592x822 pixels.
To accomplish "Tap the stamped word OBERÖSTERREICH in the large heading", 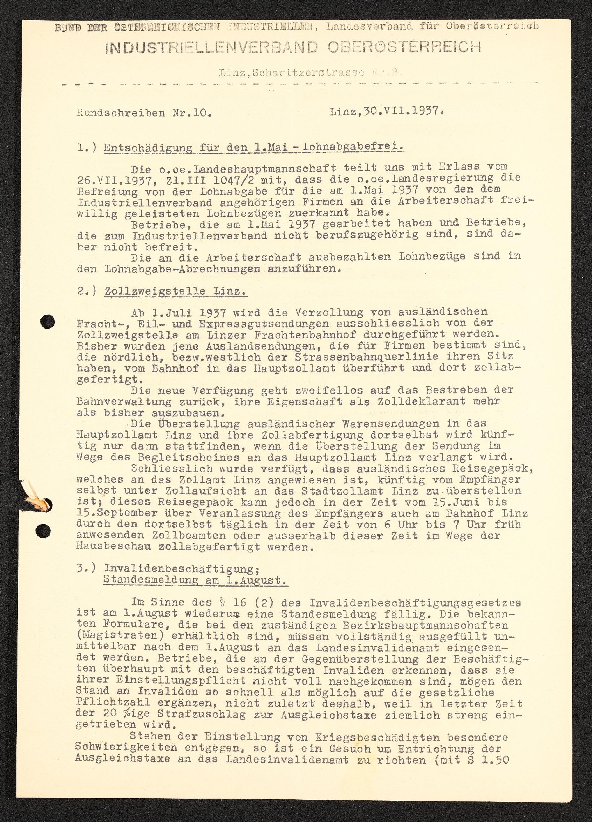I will click(404, 47).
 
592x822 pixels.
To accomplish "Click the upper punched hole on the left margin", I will click(47, 321).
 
